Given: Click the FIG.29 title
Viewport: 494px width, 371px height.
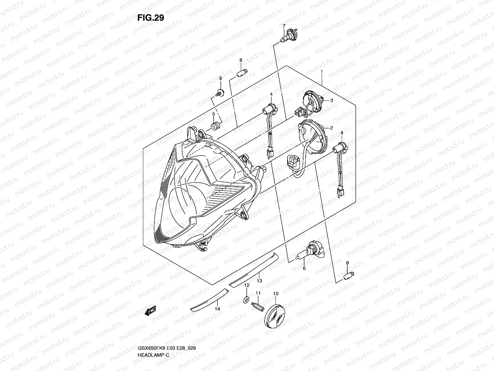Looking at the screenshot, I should pos(151,18).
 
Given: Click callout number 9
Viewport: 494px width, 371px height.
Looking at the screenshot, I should pos(220,79).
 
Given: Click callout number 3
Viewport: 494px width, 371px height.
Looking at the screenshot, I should pos(332,100).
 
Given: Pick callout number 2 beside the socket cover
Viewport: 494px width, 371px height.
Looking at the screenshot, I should pos(331,128).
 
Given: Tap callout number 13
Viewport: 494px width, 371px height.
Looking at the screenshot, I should pos(259,281).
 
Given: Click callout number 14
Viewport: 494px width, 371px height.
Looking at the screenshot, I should pos(217,309).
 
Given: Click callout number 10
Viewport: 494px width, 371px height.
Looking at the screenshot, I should pos(276,293).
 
